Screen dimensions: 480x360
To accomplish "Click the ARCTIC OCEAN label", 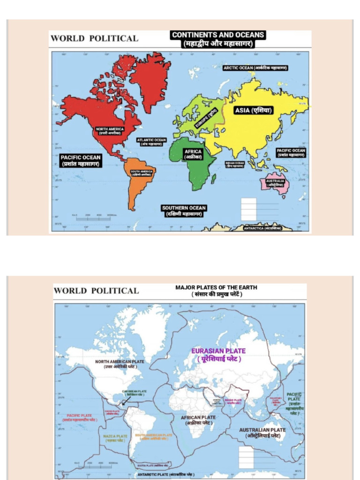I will coord(255,68).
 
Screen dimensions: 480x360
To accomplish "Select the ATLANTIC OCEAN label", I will coord(151,142).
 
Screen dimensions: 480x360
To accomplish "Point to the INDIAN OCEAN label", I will coord(235,164).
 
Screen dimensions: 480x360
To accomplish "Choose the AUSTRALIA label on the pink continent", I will coord(275,183).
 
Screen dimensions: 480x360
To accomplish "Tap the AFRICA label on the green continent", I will coord(193,154).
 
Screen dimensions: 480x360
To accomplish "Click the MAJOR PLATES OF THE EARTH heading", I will coord(216,291).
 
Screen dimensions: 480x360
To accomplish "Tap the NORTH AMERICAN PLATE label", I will coord(120,364).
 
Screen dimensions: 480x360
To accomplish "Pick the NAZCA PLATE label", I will coord(115,439).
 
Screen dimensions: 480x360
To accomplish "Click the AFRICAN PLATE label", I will coord(198,420).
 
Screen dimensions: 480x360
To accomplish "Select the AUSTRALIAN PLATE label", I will coord(262,433).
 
